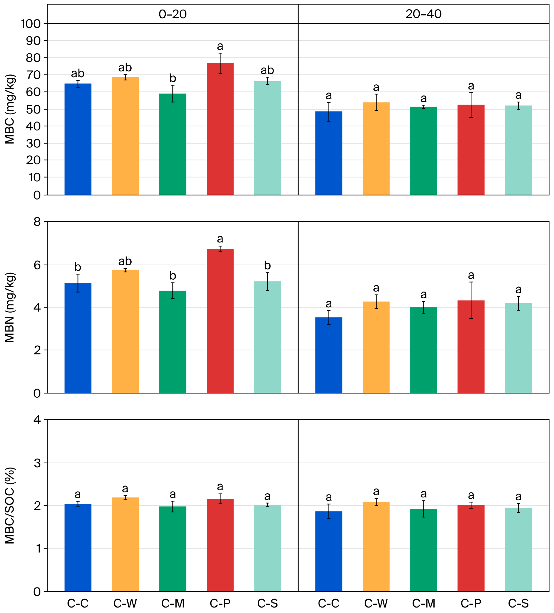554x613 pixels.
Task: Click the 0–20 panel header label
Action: [172, 14]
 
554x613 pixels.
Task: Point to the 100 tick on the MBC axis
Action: [30, 24]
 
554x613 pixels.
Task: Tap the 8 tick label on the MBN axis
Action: [37, 222]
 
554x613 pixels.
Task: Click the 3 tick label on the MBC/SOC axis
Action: [37, 463]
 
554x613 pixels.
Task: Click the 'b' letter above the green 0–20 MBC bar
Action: [172, 78]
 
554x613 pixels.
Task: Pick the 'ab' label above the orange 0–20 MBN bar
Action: [125, 261]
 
